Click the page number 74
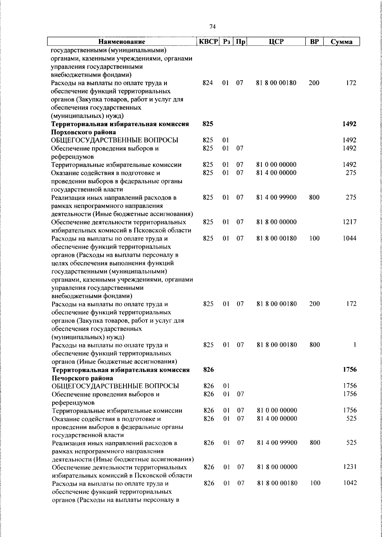(x=213, y=26)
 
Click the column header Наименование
(x=122, y=42)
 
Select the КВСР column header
(x=208, y=42)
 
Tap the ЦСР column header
(x=276, y=42)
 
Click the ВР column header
(x=314, y=42)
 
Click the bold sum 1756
(x=350, y=369)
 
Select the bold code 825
(x=208, y=124)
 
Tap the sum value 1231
(x=350, y=467)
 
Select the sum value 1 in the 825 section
(x=354, y=345)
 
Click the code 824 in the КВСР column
(x=208, y=83)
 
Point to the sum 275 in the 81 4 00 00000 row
(x=351, y=173)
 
